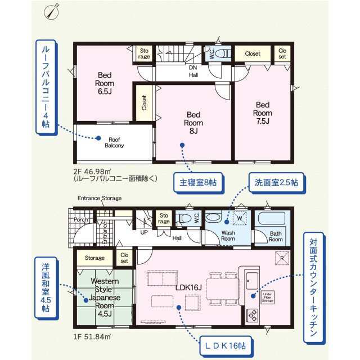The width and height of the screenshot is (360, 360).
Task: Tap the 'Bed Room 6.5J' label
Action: [105, 83]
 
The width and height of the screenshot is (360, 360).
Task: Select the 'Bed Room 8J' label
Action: [193, 123]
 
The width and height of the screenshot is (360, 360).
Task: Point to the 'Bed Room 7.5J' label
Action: [263, 112]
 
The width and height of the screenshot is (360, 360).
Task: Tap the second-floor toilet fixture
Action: [223, 53]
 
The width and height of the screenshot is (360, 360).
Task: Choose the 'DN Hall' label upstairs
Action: [193, 70]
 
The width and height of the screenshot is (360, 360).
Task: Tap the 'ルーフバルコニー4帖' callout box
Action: [45, 87]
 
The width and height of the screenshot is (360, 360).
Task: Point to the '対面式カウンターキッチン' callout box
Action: [313, 287]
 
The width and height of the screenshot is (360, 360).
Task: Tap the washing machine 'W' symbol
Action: [240, 218]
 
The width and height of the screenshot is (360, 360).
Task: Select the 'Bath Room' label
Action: [275, 236]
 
